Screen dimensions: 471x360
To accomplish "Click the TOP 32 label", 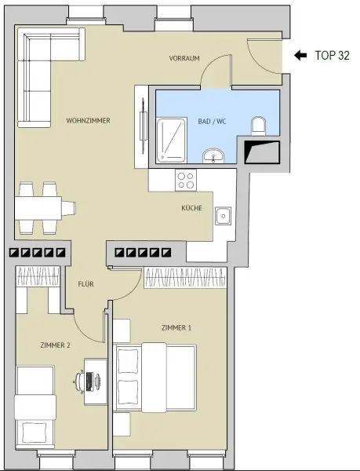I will pos(330,56).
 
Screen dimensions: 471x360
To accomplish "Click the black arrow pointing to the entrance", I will pos(300,56).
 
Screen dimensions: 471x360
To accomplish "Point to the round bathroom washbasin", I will pos(213,155).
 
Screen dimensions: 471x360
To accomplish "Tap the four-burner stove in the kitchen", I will pos(187,181).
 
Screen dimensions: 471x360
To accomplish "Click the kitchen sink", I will pos(224,214).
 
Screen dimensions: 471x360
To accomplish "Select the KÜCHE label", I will pos(192,209).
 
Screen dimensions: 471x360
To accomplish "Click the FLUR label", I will pos(86,284).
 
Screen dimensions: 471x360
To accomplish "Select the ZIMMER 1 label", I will pos(176,327).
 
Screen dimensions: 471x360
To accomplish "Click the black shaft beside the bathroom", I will pos(262,151).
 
